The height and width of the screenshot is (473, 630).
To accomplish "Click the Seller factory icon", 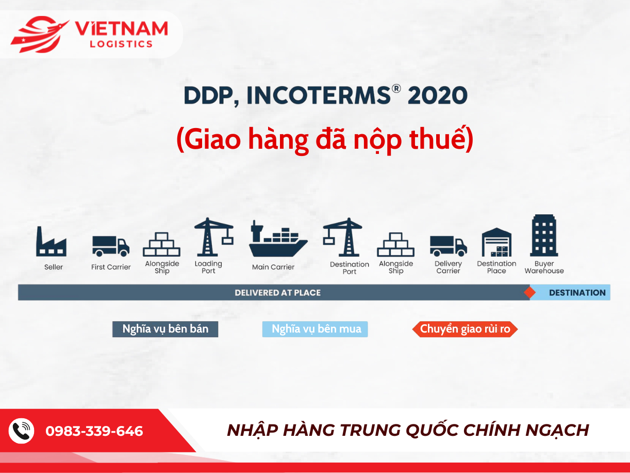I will coord(51,242).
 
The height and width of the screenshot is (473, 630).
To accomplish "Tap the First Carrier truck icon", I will coord(111,246).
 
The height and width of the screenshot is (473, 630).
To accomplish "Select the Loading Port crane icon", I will coord(212,237).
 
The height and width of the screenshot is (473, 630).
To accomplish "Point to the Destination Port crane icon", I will coord(343,238).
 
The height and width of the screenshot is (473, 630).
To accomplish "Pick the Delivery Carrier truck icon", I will coord(448,246).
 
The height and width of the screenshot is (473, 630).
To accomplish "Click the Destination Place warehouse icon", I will coord(496,242).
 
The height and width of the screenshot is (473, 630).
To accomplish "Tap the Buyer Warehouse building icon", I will coord(544,236).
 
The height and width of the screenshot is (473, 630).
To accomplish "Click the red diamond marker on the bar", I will coord(529,293).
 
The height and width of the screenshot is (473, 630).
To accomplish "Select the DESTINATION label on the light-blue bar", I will coord(577,293).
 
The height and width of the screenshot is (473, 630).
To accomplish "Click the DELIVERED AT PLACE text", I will coord(277,293).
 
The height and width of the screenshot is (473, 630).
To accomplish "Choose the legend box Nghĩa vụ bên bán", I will coord(165,329).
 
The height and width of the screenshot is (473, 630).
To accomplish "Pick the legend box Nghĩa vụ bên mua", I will coord(315,329).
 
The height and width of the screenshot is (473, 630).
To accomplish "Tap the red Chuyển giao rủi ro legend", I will coord(465,329).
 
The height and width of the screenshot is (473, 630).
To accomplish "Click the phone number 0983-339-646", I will coord(94,431).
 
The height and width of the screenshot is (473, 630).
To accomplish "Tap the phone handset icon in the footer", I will coord(22,431).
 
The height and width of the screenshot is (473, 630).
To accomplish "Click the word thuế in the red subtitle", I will coord(441,140).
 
